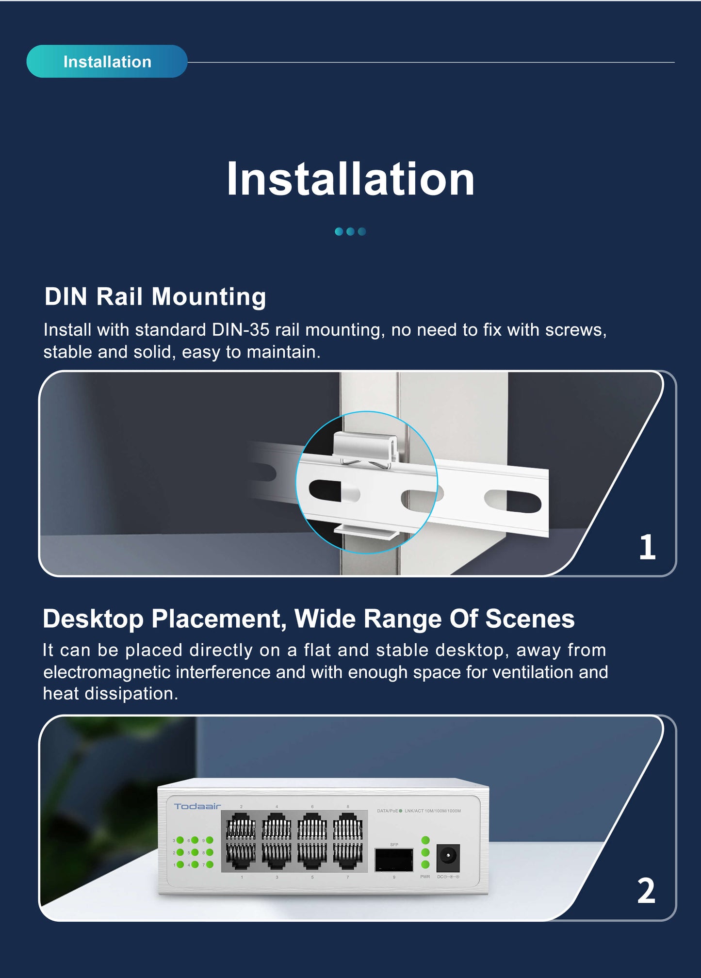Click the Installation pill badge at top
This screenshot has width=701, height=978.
coord(107,62)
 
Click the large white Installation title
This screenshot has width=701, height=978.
coord(350,179)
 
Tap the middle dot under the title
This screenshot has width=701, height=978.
coord(350,231)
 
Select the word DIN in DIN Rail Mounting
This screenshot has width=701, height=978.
coord(65,296)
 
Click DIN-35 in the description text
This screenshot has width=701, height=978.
coord(241,330)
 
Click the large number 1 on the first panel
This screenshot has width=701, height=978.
coord(647,547)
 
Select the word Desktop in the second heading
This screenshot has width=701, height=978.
coord(93,619)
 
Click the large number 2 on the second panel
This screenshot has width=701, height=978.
coord(646,891)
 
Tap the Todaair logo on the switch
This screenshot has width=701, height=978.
coord(197,806)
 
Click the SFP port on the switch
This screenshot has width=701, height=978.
coord(394,860)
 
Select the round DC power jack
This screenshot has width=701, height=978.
coord(448,858)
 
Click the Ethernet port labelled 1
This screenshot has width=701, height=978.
coord(241,857)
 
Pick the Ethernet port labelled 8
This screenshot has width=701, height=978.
coord(347,828)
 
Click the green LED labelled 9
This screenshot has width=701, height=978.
coord(210,840)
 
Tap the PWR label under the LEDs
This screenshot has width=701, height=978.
coord(425,877)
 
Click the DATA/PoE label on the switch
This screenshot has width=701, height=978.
coord(387,811)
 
